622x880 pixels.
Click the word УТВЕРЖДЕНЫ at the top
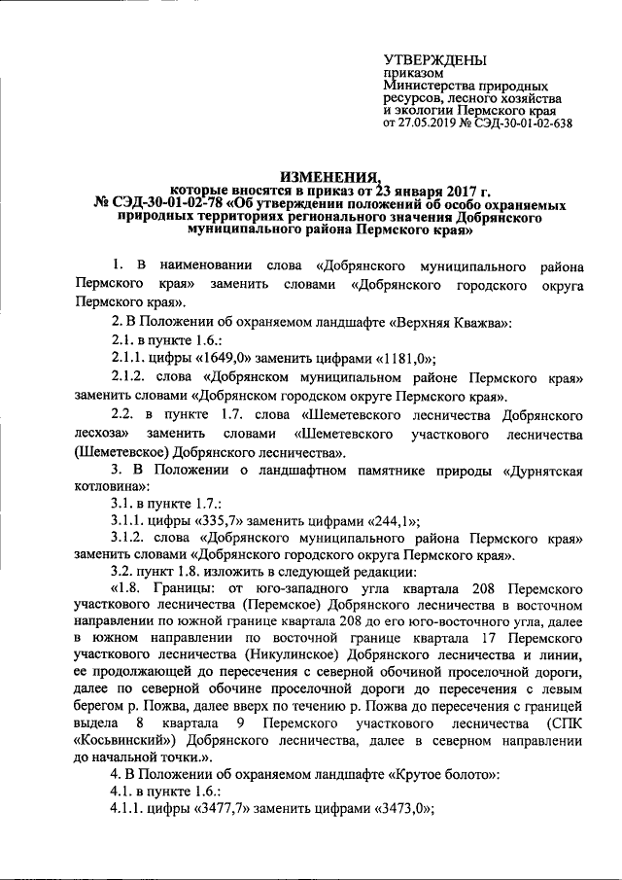[435, 60]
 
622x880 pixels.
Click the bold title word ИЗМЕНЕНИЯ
[329, 176]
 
